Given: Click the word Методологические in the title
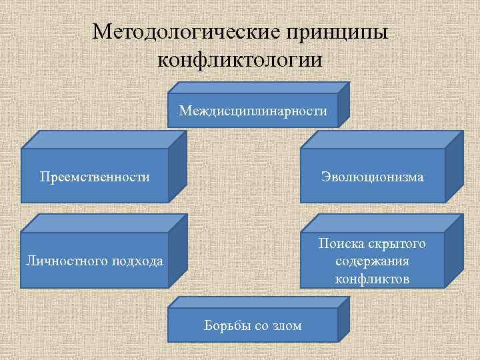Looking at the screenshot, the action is tap(182, 32).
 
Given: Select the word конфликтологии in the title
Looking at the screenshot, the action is tap(240, 60).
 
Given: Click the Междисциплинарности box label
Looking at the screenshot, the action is tap(253, 111).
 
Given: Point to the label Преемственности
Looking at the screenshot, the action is tap(95, 177).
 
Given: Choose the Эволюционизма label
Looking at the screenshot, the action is tap(372, 177).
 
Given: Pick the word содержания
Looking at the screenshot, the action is tap(372, 261).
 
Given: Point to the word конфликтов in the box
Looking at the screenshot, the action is tap(372, 278).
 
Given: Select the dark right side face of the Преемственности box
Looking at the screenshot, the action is tap(177, 167).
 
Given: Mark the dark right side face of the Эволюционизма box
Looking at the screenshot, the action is tap(454, 167).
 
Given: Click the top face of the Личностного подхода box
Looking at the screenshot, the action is tap(103, 223).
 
